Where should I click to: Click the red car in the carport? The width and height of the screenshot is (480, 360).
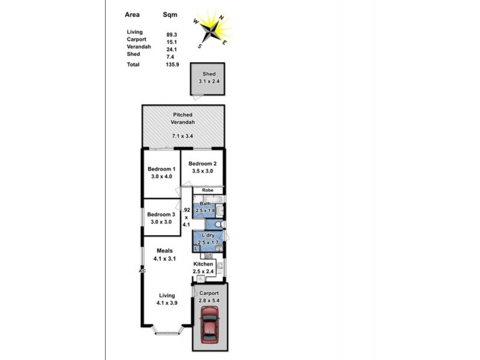tap(209, 324)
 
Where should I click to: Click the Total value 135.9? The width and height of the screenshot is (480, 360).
tap(172, 64)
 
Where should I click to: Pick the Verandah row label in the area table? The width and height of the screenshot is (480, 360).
tap(139, 47)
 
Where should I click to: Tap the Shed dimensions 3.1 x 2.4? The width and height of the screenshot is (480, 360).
tap(209, 81)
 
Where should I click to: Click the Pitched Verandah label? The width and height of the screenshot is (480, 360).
tap(184, 118)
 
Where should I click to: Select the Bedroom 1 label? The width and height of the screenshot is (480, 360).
tap(161, 169)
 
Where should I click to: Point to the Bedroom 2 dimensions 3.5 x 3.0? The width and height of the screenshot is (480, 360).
tap(203, 171)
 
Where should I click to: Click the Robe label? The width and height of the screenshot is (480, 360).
tap(208, 190)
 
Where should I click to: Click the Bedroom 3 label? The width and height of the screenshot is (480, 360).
tap(161, 214)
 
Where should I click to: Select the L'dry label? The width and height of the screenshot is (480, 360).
tap(208, 235)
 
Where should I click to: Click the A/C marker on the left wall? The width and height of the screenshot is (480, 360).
tap(142, 271)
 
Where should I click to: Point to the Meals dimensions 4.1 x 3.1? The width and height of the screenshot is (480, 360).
tap(164, 259)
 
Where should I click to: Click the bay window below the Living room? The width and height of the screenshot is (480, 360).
tap(166, 329)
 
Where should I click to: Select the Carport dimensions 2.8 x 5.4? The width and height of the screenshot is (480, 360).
tap(209, 301)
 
